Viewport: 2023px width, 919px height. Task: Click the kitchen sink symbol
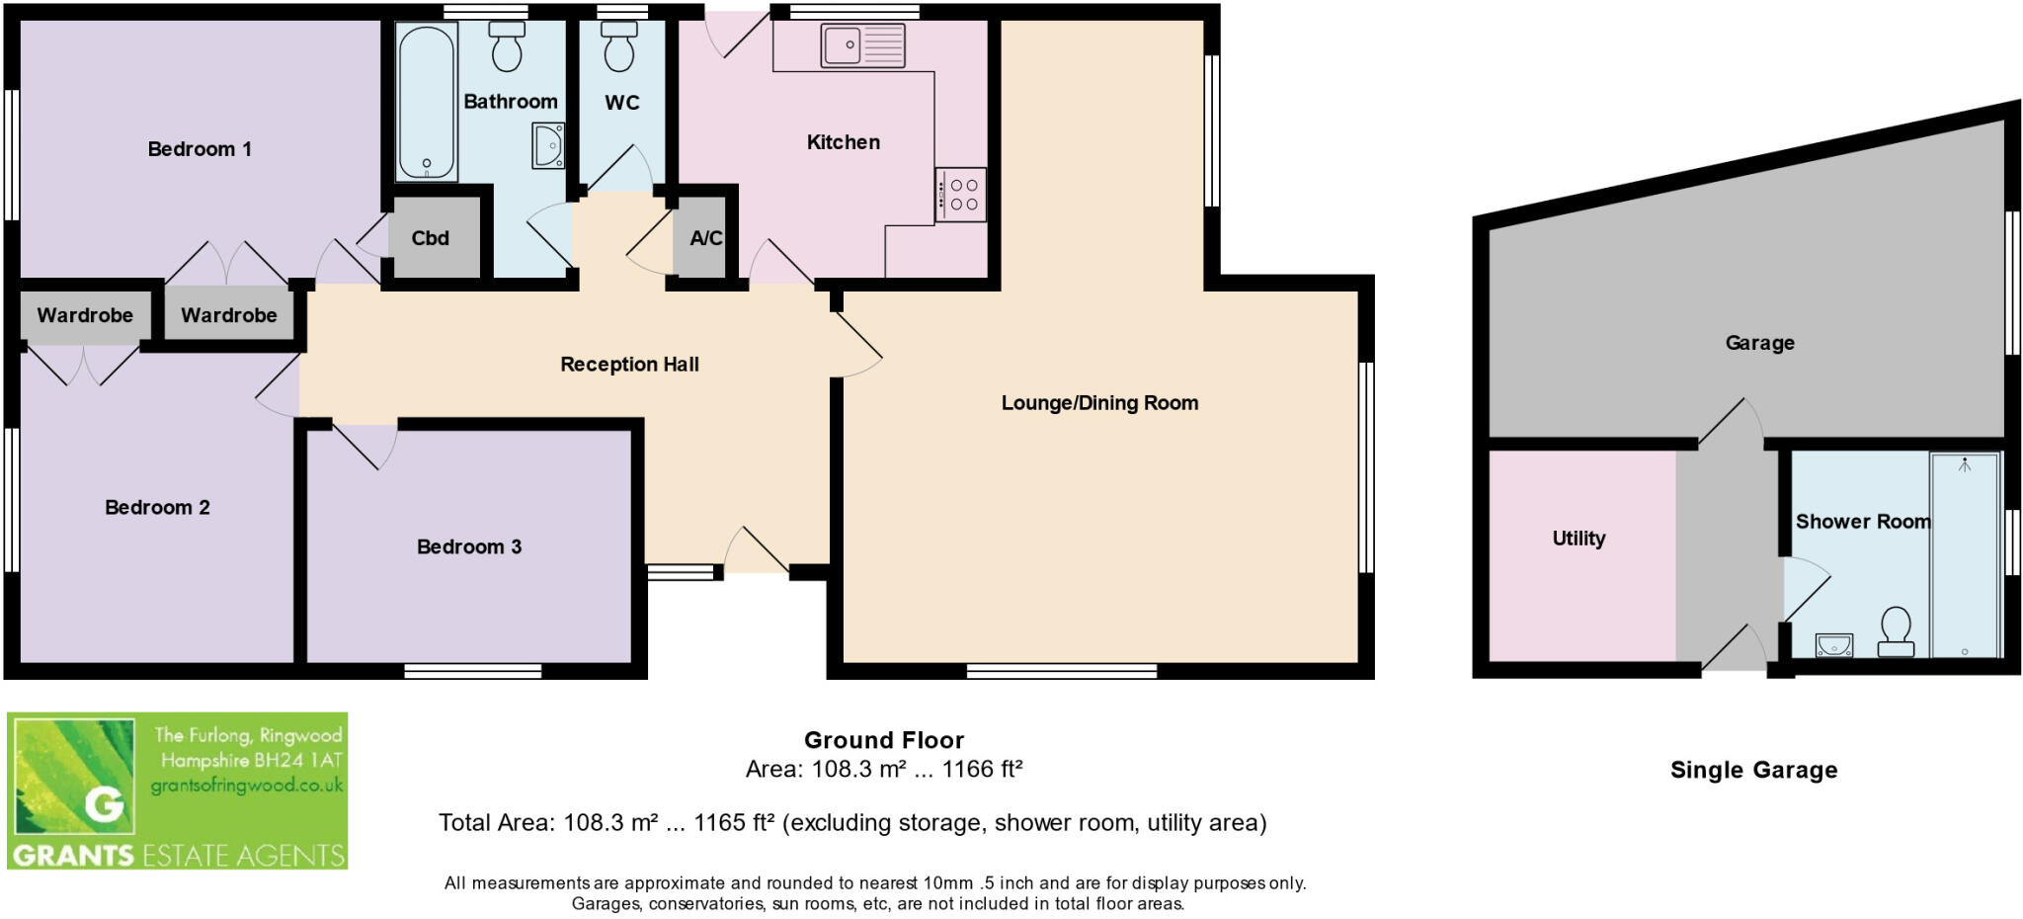pos(862,45)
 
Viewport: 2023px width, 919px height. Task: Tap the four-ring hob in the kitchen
pos(961,195)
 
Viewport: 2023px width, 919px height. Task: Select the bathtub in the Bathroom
pos(427,102)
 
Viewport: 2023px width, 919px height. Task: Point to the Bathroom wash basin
pos(548,146)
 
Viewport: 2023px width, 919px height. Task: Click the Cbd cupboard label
pos(430,238)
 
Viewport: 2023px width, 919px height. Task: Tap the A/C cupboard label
pos(705,238)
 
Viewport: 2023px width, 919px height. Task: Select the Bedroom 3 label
pos(468,546)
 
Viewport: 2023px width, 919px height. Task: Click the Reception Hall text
pos(629,364)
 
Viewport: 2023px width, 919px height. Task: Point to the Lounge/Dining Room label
pos(1099,402)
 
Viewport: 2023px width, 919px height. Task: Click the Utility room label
pos(1578,539)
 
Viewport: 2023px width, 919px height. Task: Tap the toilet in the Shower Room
pos(1896,632)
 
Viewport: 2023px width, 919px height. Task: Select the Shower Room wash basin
pos(1834,644)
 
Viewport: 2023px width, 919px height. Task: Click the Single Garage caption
pos(1753,770)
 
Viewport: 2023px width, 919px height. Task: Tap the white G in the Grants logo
pos(104,804)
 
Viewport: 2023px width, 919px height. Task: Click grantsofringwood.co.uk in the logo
pos(247,786)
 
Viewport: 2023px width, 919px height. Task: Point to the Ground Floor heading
pos(883,740)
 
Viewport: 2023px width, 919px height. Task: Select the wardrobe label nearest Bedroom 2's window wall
pos(85,315)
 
